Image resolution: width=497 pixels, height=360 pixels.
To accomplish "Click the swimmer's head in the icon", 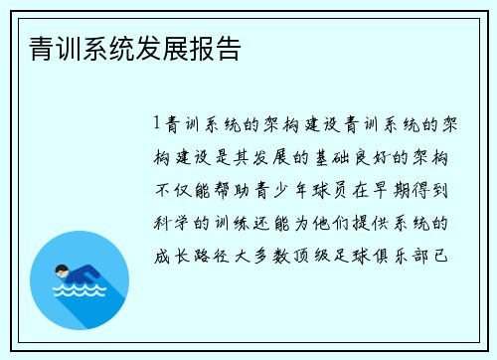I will click(62, 270).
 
